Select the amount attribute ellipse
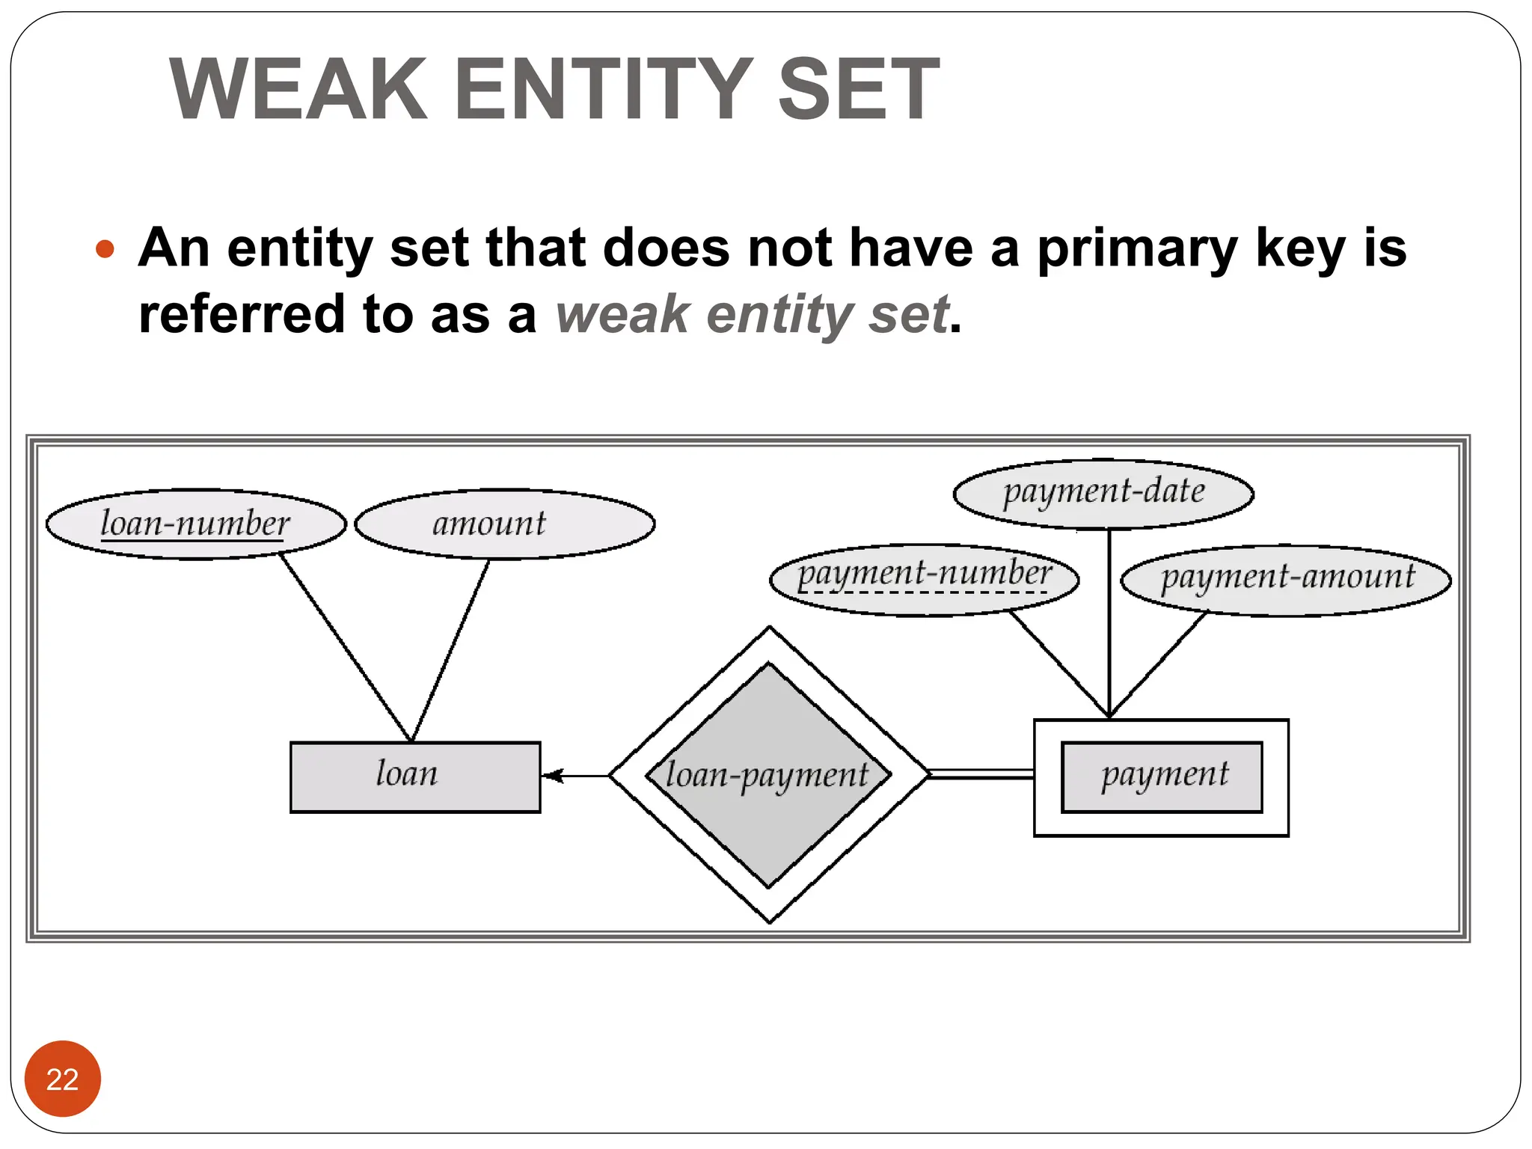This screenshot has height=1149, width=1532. [x=505, y=524]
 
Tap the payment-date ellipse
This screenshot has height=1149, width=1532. [x=1103, y=493]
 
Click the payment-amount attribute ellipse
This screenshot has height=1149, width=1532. [x=1286, y=580]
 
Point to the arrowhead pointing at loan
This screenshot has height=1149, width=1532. [x=552, y=776]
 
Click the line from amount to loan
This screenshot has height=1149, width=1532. [x=450, y=650]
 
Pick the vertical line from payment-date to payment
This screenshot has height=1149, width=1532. [x=1109, y=621]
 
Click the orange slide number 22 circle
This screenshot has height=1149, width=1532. [x=62, y=1078]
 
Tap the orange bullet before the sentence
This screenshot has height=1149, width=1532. [x=105, y=248]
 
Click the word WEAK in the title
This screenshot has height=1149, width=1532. [x=298, y=90]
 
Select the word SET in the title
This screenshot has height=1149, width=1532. [x=858, y=90]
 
